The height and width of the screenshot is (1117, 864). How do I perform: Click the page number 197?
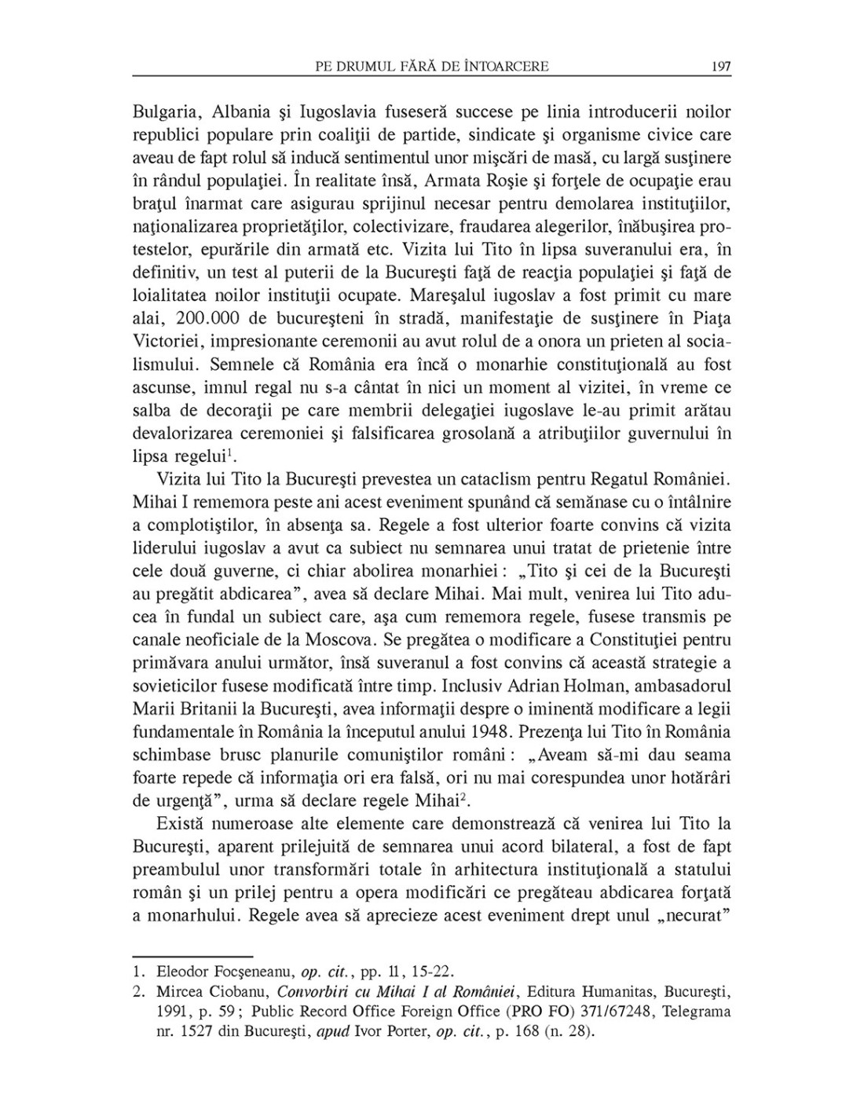tap(720, 67)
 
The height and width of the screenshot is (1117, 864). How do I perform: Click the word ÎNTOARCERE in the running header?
tap(506, 67)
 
